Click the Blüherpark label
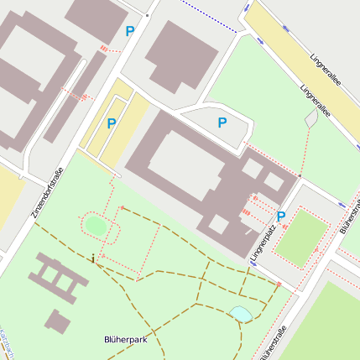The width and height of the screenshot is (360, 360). (x=125, y=340)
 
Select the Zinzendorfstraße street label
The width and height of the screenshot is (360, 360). (x=48, y=195)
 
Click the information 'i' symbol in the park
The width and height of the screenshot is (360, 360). (x=92, y=258)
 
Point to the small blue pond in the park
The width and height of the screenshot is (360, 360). (x=240, y=314)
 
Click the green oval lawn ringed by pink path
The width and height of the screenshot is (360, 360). (x=96, y=225)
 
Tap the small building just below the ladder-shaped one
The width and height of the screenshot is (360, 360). (x=57, y=321)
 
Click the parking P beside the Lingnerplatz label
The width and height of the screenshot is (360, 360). (x=281, y=217)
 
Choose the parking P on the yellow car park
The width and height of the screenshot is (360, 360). (x=111, y=123)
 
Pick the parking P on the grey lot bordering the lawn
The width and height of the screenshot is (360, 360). (x=222, y=123)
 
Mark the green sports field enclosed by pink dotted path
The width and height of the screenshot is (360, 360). (x=300, y=238)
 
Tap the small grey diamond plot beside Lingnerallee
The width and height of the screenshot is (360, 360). (x=312, y=119)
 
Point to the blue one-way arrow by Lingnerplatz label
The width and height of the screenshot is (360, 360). (x=253, y=262)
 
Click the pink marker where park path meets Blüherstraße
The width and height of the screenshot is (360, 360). (x=278, y=284)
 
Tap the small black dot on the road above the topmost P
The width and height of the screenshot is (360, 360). (x=147, y=15)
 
